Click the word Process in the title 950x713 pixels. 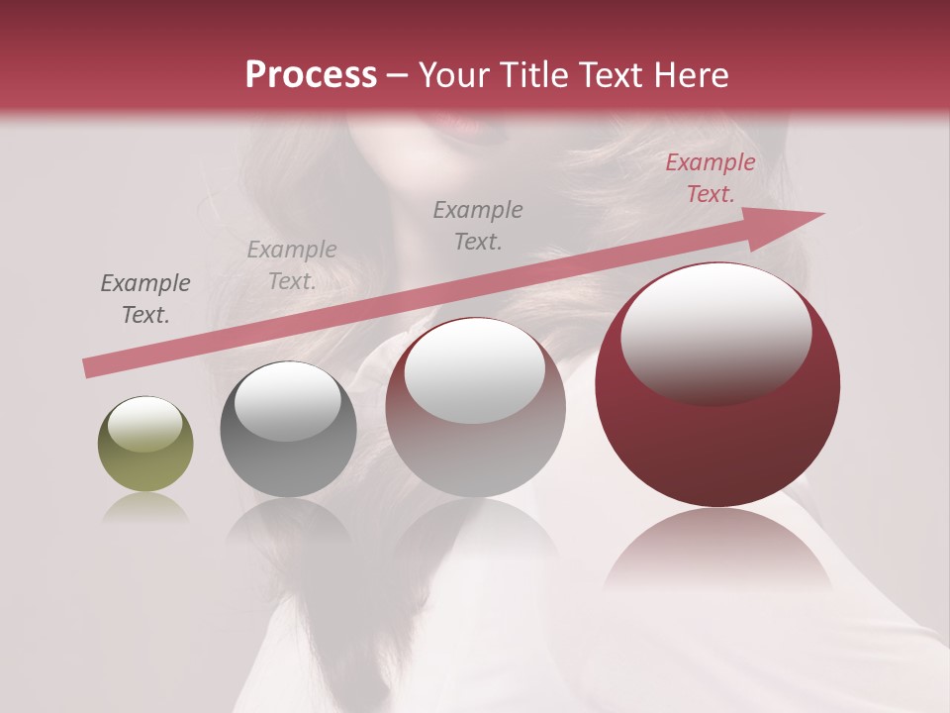pos(311,75)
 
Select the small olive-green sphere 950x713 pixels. pos(145,445)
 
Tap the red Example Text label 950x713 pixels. pos(710,178)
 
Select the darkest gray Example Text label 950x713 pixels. pos(145,299)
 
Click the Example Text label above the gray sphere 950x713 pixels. pos(292,265)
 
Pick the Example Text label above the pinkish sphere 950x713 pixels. pos(478,225)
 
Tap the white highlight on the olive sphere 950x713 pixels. pos(145,424)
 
